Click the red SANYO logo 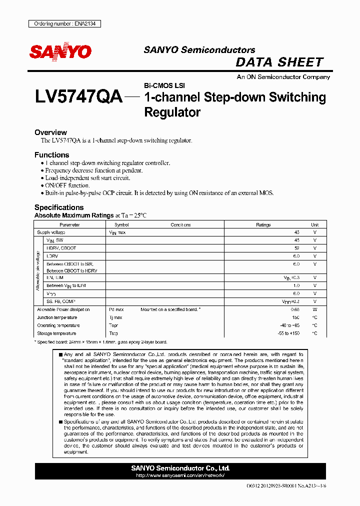point(60,51)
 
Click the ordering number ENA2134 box point(64,23)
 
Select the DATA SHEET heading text point(279,62)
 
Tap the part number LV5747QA point(78,97)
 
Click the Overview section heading point(50,132)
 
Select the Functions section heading point(51,155)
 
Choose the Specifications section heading point(58,207)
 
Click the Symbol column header point(121,225)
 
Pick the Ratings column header point(263,225)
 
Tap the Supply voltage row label point(51,232)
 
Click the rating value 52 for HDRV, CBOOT point(296,248)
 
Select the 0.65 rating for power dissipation point(295,309)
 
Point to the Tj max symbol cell point(115,317)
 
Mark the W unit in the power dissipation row point(314,309)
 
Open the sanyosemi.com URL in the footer point(180,475)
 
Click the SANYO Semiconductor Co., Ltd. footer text point(180,468)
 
